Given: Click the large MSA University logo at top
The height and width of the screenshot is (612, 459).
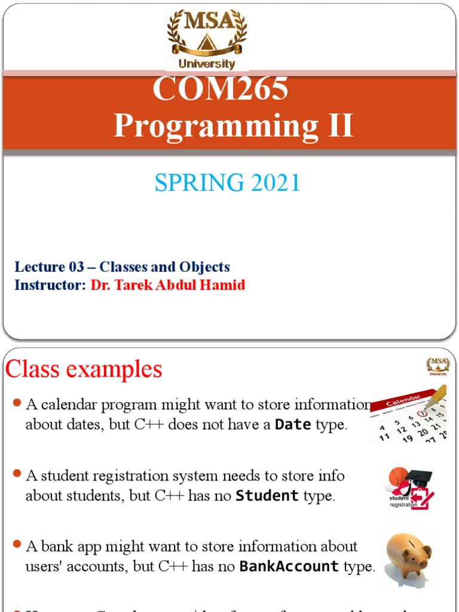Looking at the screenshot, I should tap(206, 39).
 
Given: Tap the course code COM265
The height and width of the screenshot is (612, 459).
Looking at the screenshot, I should tap(221, 89).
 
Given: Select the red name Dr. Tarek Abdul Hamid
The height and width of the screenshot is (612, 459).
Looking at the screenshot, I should tap(168, 285).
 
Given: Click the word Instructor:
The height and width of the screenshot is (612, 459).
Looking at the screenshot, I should tap(51, 285).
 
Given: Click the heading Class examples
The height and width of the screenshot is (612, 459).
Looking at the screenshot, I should tap(84, 369).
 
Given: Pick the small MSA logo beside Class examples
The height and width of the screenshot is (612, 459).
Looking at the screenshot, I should tap(437, 366).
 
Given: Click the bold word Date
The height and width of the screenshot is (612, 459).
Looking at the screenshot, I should tap(293, 425).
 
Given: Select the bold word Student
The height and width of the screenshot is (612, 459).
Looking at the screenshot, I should tap(267, 496).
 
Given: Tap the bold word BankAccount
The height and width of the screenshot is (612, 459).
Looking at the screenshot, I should tap(289, 567).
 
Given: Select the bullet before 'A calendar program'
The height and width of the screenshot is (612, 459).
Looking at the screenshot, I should tap(17, 404).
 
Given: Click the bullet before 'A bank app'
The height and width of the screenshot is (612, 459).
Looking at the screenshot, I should tap(17, 546).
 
